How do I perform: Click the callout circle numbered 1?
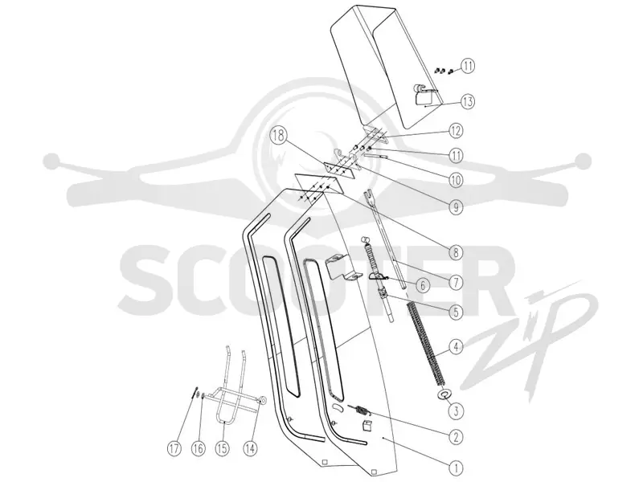pos(456,468)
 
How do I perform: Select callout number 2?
pos(456,437)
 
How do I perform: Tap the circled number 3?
pos(456,411)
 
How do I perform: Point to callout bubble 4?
pos(456,347)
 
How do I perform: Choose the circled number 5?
pos(456,312)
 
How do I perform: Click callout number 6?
pos(422,284)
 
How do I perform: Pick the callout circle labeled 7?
pos(456,282)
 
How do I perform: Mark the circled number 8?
pos(456,252)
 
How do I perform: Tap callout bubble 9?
pos(456,207)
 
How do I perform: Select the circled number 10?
pos(456,180)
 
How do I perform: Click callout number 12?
pos(456,131)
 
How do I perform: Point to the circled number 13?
pos(467,101)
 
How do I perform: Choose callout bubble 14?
pos(250,448)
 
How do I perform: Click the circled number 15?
pos(222,448)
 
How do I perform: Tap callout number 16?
pos(198,448)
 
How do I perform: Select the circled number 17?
pos(174,448)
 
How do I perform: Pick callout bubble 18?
pos(278,136)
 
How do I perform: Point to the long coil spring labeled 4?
pos(424,344)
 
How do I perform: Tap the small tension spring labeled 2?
pos(359,409)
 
